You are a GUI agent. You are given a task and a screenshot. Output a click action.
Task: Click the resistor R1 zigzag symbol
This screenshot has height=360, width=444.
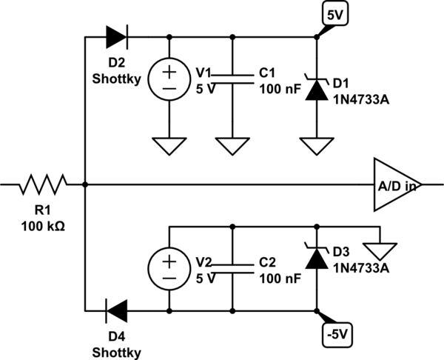pyautogui.click(x=44, y=184)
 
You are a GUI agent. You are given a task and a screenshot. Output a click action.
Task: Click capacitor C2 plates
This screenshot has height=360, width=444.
pyautogui.click(x=233, y=267)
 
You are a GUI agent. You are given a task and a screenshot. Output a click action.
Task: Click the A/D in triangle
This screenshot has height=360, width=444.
pyautogui.click(x=396, y=184)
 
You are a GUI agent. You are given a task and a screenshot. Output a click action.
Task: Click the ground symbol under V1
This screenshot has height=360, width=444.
pyautogui.click(x=170, y=146)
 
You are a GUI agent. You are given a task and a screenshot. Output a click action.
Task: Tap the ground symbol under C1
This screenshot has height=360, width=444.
pyautogui.click(x=233, y=146)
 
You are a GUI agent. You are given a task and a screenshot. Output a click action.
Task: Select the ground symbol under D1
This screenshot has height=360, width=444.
pyautogui.click(x=317, y=146)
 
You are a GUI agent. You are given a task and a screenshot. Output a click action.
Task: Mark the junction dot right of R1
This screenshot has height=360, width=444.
pyautogui.click(x=86, y=184)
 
